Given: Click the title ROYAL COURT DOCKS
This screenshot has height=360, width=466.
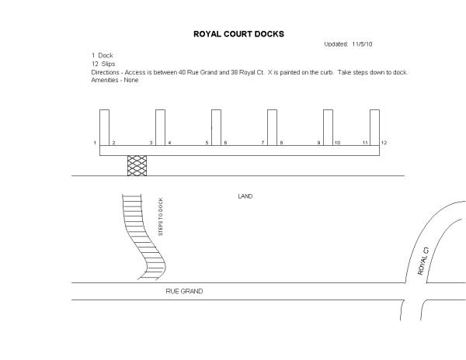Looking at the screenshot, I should (x=238, y=34).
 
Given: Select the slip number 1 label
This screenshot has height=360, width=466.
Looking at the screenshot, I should (x=94, y=143).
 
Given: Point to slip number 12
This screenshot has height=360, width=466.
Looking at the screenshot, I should (x=384, y=143).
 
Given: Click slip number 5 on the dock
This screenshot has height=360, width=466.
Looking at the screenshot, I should (x=207, y=143).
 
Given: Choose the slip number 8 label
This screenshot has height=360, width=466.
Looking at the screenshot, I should (x=281, y=143).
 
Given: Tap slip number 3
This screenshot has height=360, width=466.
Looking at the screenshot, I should (x=151, y=143).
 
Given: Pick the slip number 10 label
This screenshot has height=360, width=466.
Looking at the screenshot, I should (x=337, y=143).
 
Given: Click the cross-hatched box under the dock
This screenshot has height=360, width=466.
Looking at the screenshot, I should (x=137, y=165).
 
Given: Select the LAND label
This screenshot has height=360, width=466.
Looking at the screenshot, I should (x=245, y=196).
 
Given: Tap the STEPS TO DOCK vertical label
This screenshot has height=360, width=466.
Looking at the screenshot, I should (x=160, y=218).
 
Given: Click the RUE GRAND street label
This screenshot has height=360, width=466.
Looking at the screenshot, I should (x=184, y=291).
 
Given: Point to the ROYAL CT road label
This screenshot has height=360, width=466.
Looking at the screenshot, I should (x=423, y=260).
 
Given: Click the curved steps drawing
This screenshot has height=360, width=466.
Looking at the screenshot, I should (x=143, y=237).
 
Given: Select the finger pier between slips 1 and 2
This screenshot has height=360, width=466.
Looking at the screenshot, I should (x=104, y=127).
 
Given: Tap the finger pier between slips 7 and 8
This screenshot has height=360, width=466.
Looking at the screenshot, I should (x=272, y=127).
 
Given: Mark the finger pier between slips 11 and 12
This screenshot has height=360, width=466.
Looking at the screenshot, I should (x=374, y=127).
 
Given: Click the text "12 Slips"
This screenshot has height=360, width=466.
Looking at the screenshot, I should (x=103, y=64).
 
